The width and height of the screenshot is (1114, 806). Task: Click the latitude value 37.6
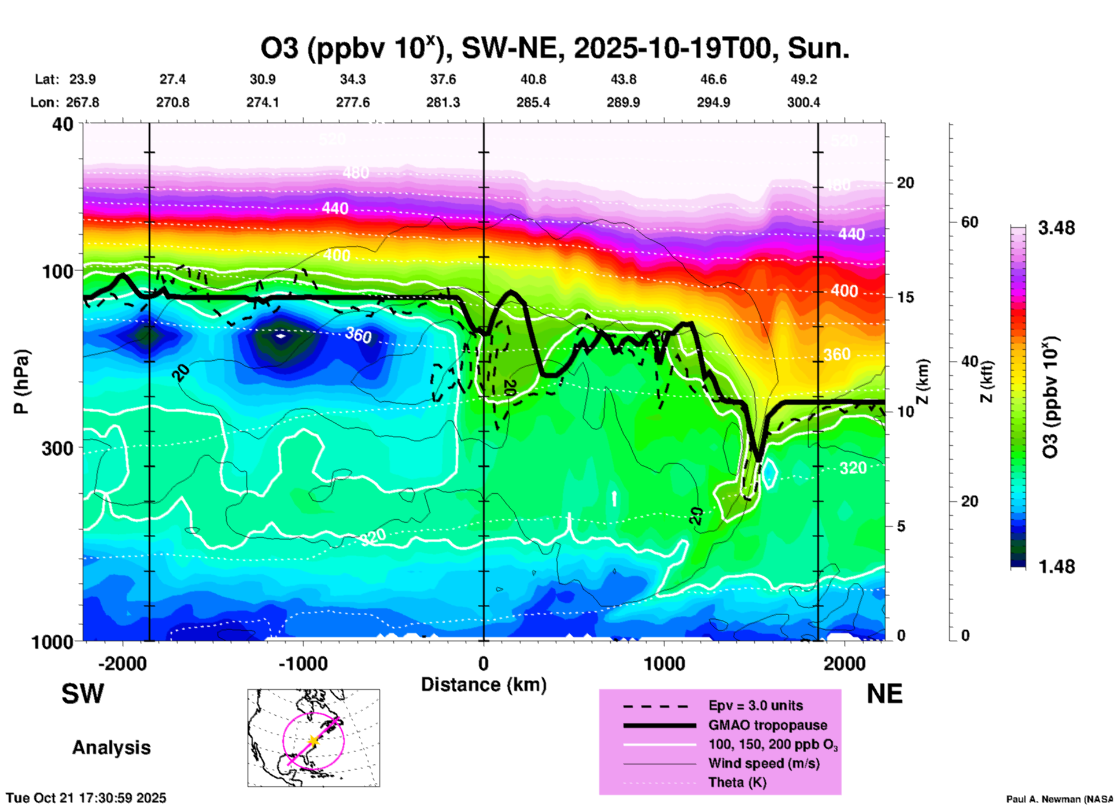pyautogui.click(x=443, y=79)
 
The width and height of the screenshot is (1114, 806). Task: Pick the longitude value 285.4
pyautogui.click(x=533, y=102)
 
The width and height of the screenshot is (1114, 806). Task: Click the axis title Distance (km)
pyautogui.click(x=484, y=685)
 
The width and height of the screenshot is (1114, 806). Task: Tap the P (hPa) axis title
pyautogui.click(x=21, y=382)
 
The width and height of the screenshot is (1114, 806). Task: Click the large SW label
pyautogui.click(x=83, y=694)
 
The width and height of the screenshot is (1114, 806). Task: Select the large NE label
pyautogui.click(x=884, y=694)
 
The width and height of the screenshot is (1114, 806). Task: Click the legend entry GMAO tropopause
pyautogui.click(x=768, y=725)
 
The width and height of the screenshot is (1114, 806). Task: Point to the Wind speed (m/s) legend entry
pyautogui.click(x=763, y=763)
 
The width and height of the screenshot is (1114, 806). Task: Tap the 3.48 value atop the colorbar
pyautogui.click(x=1056, y=228)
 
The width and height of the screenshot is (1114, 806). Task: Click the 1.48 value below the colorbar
pyautogui.click(x=1056, y=567)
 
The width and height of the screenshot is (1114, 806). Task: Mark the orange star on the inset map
pyautogui.click(x=313, y=740)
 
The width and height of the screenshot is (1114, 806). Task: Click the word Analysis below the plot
pyautogui.click(x=111, y=748)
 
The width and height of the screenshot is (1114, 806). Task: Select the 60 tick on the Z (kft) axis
pyautogui.click(x=969, y=222)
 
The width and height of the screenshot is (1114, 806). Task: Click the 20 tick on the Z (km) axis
pyautogui.click(x=905, y=183)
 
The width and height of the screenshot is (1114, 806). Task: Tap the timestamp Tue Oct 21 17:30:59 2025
pyautogui.click(x=86, y=798)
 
